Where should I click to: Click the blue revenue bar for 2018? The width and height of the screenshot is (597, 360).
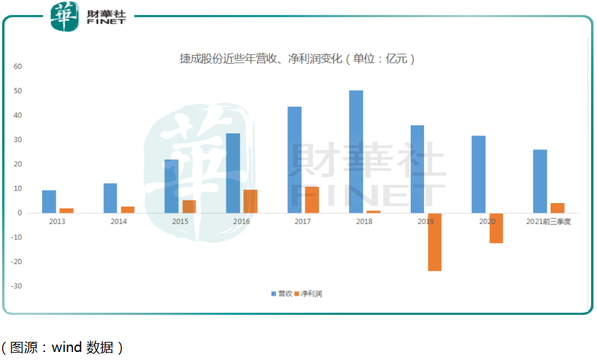click(356, 152)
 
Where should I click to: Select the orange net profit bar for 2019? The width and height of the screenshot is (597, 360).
click(435, 242)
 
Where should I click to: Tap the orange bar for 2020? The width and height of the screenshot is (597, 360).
click(496, 228)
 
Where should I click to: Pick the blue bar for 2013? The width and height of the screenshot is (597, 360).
click(49, 202)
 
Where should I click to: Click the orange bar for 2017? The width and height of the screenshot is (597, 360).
click(312, 200)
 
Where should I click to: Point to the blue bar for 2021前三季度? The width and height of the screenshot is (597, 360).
click(540, 181)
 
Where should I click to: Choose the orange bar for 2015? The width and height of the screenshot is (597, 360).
click(189, 206)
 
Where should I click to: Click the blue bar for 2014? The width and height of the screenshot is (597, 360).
click(111, 198)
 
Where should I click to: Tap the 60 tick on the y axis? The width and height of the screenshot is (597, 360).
click(18, 66)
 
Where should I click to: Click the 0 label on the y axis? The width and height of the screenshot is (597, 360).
click(20, 213)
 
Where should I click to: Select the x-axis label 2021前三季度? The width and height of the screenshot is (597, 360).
click(548, 221)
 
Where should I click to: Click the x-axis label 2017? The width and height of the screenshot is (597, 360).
click(303, 221)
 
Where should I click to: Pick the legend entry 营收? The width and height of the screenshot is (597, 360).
click(281, 294)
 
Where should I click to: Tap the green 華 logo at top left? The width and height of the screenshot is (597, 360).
click(65, 15)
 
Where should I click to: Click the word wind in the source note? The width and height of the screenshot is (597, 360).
click(66, 347)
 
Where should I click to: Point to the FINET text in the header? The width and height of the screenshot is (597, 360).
click(106, 21)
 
